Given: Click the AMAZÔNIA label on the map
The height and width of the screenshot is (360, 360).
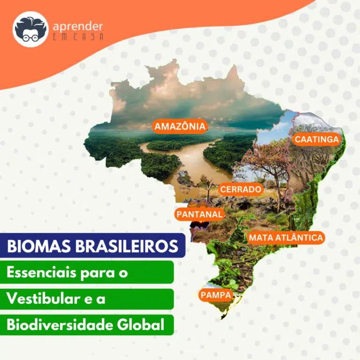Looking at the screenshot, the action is pyautogui.click(x=180, y=126).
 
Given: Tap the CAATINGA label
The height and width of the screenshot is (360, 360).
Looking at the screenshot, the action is pyautogui.click(x=316, y=139).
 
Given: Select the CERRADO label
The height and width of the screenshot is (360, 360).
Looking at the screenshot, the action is pyautogui.click(x=240, y=189).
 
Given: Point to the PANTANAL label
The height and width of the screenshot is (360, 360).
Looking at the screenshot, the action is pyautogui.click(x=200, y=214).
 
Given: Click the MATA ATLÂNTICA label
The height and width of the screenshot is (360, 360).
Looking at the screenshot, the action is pyautogui.click(x=286, y=237).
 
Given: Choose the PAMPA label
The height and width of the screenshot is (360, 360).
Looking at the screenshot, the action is pyautogui.click(x=216, y=295).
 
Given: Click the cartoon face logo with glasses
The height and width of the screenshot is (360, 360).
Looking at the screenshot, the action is pyautogui.click(x=30, y=29).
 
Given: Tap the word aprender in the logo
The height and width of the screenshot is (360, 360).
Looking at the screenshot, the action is pyautogui.click(x=78, y=27).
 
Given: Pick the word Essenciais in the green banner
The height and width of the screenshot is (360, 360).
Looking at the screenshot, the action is pyautogui.click(x=41, y=272).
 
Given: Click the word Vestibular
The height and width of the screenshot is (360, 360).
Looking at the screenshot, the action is pyautogui.click(x=43, y=299).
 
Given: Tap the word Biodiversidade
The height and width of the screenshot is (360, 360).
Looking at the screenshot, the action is pyautogui.click(x=60, y=325).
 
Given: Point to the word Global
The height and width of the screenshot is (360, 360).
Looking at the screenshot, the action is pyautogui.click(x=141, y=325).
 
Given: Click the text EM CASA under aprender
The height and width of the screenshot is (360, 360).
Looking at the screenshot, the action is pyautogui.click(x=78, y=37).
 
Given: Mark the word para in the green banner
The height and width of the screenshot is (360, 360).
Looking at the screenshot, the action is pyautogui.click(x=97, y=274).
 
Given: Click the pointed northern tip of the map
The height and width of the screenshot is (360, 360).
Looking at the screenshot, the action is pyautogui.click(x=234, y=66).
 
